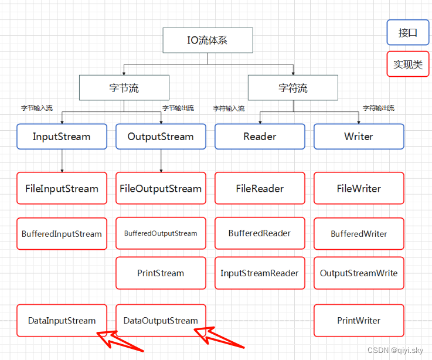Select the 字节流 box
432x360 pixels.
coord(124,89)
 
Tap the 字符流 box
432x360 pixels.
coord(292,89)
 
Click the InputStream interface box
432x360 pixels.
coord(62,137)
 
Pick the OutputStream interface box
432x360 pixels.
coord(161,137)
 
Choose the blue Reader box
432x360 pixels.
coord(260,137)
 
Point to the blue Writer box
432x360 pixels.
coord(359,137)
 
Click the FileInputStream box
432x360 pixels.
coord(62,188)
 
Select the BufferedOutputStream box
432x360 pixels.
coord(161,233)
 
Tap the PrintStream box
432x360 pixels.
coord(161,273)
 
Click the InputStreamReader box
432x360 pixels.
coord(260,273)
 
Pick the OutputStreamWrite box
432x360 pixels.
coord(359,273)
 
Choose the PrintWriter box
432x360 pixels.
coord(359,321)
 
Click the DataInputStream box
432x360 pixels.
coord(62,321)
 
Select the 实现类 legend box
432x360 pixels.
coord(408,64)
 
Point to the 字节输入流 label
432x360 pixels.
coord(37,108)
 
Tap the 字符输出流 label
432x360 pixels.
coord(378,108)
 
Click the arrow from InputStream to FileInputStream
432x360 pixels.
coord(62,160)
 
